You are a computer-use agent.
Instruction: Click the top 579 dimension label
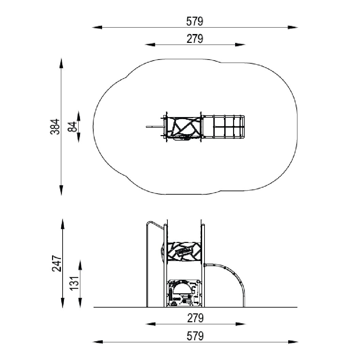tap(195, 21)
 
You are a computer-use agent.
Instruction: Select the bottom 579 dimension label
tap(195, 336)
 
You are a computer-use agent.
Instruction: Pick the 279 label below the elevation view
tap(195, 318)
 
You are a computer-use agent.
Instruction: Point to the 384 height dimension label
tap(55, 127)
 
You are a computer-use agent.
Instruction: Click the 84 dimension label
tap(72, 127)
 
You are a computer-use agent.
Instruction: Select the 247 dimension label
tap(56, 263)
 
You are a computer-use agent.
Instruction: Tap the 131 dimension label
tap(75, 283)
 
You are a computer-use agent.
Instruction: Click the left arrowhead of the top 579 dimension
tap(97, 27)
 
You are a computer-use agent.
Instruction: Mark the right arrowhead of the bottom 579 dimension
tap(293, 342)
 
